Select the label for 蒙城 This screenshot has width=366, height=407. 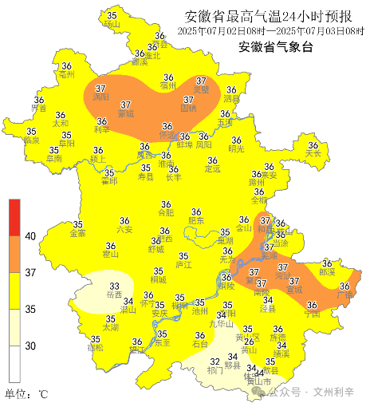click(125, 113)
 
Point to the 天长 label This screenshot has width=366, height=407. click(313, 153)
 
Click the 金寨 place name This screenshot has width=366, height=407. click(78, 234)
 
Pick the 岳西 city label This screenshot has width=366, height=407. click(114, 294)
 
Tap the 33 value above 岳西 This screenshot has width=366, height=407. click(114, 285)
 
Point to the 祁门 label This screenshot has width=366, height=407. click(214, 369)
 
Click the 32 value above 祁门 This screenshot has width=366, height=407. click(214, 361)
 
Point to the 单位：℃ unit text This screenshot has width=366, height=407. click(27, 393)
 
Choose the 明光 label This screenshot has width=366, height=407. click(236, 148)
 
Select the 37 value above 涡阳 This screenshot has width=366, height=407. click(100, 88)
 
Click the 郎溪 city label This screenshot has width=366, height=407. click(327, 271)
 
